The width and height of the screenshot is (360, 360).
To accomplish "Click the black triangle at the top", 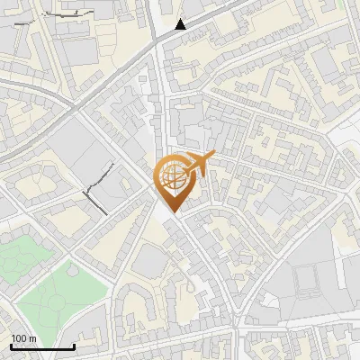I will click(x=181, y=24).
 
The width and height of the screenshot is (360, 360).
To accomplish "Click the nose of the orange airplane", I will click(x=214, y=157).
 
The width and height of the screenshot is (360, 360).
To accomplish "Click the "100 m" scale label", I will click(x=23, y=338).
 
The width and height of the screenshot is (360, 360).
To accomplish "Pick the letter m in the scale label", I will click(x=32, y=338).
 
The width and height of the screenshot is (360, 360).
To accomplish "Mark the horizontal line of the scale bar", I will click(x=41, y=346).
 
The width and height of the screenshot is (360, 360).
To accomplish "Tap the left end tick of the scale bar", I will click(x=10, y=345).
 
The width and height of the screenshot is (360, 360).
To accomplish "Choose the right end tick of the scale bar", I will click(x=74, y=345).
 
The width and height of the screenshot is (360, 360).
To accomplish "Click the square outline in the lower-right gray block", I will click(x=309, y=282).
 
